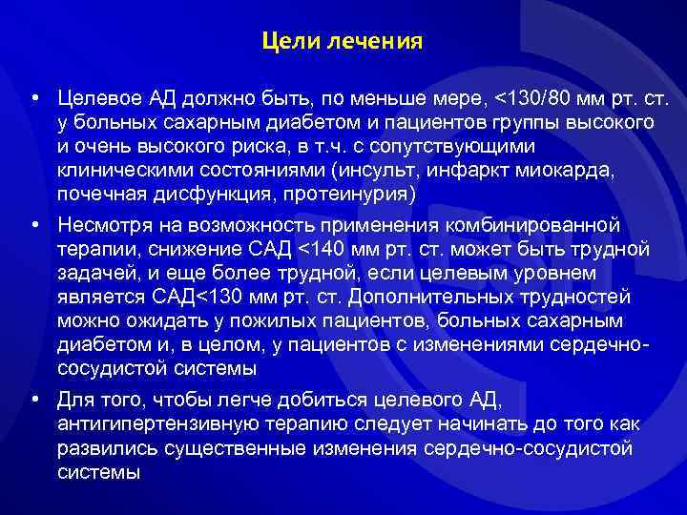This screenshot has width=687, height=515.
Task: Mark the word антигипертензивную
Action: [x=148, y=423]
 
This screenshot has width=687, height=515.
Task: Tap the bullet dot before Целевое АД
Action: [x=34, y=99]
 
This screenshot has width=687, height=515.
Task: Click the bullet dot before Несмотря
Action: [x=34, y=226]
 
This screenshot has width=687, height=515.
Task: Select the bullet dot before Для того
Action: [x=34, y=401]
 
